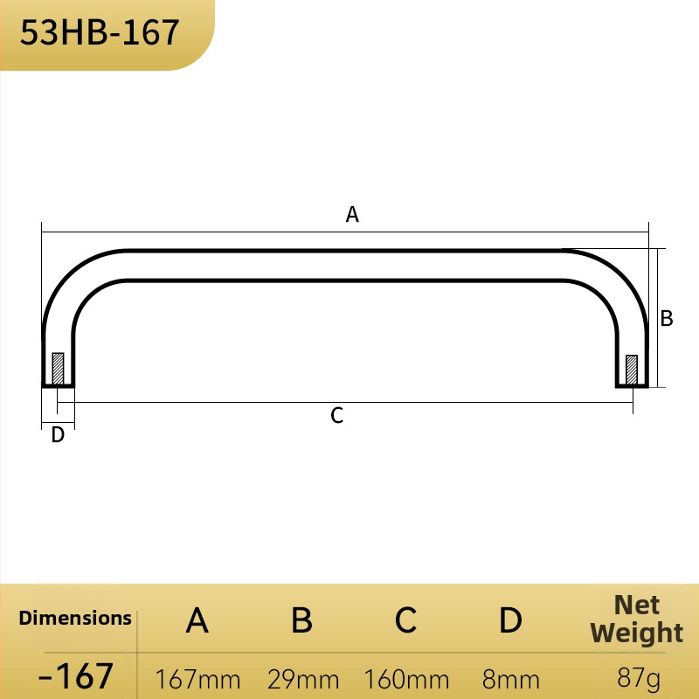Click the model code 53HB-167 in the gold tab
pyautogui.click(x=100, y=32)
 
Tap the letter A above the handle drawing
pyautogui.click(x=352, y=214)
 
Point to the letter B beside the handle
pyautogui.click(x=667, y=318)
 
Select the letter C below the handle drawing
pyautogui.click(x=337, y=416)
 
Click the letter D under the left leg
pyautogui.click(x=58, y=434)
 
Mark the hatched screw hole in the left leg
pyautogui.click(x=58, y=369)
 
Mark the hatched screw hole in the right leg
pyautogui.click(x=632, y=370)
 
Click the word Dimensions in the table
pyautogui.click(x=75, y=618)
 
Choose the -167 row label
pyautogui.click(x=75, y=675)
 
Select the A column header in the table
pyautogui.click(x=197, y=620)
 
